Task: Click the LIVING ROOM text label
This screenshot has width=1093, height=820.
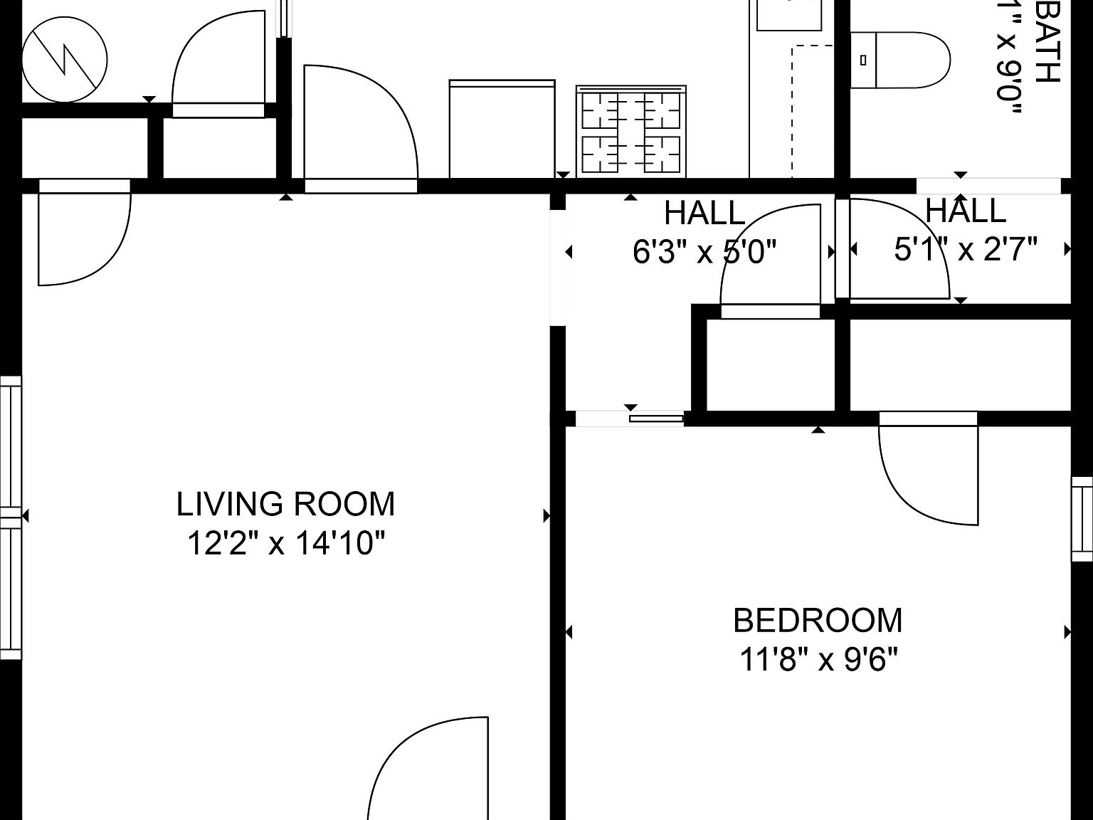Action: click(x=285, y=504)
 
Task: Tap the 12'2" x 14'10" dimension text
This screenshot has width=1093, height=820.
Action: click(x=285, y=545)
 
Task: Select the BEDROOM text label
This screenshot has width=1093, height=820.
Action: click(x=818, y=620)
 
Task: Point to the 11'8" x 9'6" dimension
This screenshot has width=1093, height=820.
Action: click(x=818, y=660)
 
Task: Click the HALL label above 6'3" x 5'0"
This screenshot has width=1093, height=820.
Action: click(x=704, y=213)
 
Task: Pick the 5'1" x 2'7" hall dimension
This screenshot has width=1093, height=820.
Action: click(x=966, y=249)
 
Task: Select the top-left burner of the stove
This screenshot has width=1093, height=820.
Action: click(x=606, y=110)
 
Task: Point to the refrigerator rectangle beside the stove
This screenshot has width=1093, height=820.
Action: click(x=502, y=129)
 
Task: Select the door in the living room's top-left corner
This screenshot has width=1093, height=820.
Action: click(x=82, y=235)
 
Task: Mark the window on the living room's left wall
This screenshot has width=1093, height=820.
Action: click(x=11, y=517)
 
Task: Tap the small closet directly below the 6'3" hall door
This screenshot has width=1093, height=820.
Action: click(x=770, y=364)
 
